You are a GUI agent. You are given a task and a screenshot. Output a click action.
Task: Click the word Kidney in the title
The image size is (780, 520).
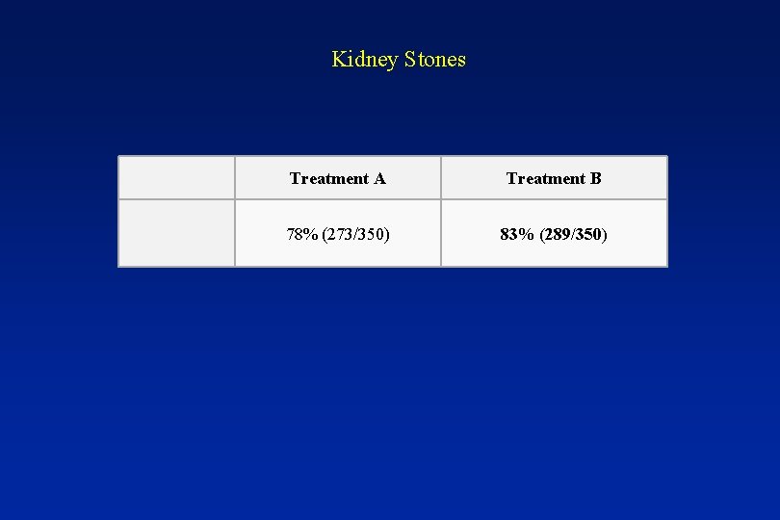click(365, 60)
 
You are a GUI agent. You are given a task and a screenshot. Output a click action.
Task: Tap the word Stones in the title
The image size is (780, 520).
click(435, 60)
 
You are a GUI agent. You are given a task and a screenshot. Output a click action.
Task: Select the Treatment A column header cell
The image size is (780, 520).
click(338, 178)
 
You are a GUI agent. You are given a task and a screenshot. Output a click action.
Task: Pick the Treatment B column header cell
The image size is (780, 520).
click(554, 178)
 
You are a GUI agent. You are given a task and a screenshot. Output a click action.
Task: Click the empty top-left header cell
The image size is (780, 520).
click(176, 178)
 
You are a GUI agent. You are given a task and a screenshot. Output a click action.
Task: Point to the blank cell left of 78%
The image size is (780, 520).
click(176, 233)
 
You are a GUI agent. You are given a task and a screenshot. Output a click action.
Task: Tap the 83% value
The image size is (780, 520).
click(519, 234)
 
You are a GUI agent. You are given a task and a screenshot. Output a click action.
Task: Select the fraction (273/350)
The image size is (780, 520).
click(356, 234)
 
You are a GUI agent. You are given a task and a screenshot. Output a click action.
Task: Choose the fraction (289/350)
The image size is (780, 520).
click(574, 234)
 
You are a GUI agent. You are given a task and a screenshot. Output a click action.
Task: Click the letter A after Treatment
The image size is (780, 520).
click(379, 178)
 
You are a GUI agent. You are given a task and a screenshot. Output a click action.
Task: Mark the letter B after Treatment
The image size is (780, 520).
click(596, 178)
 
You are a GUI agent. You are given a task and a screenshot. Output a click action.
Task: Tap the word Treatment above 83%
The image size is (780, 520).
click(546, 178)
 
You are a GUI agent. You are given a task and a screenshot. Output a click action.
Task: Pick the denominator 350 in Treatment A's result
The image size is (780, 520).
click(372, 234)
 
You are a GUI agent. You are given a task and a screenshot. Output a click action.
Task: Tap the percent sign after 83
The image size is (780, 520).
click(529, 234)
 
